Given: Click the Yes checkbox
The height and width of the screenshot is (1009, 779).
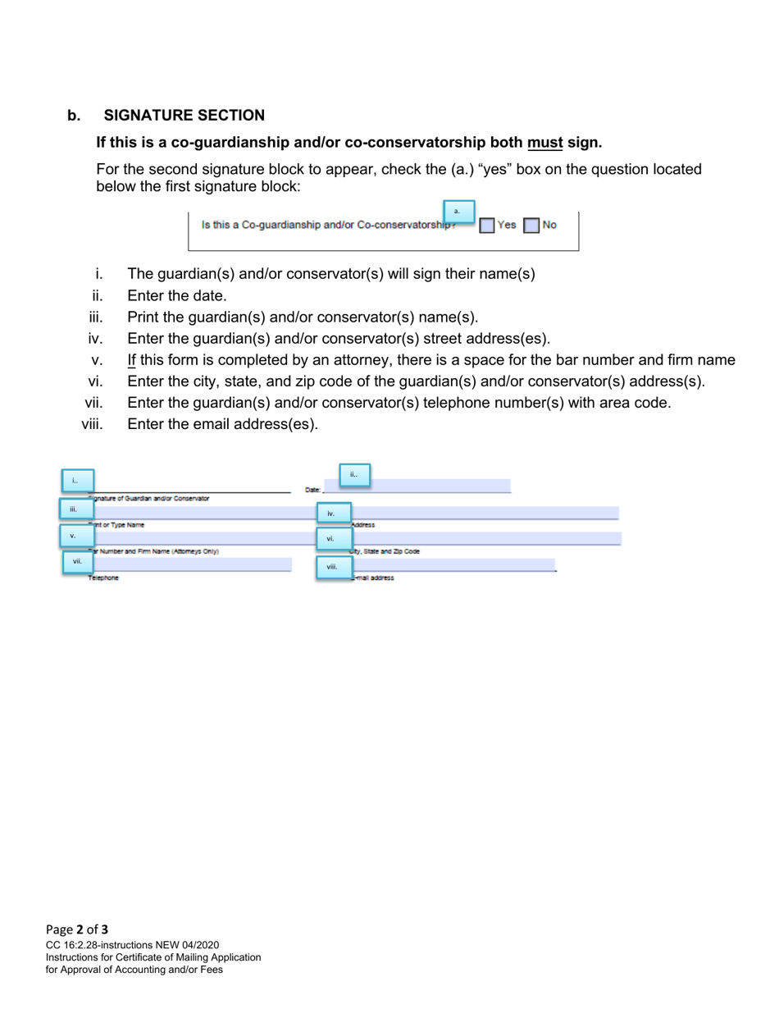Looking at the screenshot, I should (x=486, y=226).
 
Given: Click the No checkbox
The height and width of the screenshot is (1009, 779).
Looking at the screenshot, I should (x=531, y=226).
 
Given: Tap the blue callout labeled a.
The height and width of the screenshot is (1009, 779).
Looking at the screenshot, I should (x=458, y=212).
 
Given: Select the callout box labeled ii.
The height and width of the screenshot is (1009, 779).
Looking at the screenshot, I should (x=354, y=475).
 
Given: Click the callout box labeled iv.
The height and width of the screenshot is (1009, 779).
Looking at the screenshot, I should (x=333, y=514).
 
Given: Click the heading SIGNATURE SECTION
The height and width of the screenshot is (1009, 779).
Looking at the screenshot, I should (x=184, y=116).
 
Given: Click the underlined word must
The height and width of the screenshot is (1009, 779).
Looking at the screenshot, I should (x=544, y=143).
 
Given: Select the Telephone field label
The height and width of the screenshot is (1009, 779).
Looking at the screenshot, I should (x=104, y=578).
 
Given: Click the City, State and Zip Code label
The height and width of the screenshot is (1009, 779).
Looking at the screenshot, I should (x=385, y=552).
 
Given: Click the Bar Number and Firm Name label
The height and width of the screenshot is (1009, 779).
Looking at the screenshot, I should (x=155, y=552).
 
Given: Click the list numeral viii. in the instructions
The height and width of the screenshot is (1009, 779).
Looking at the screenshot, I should (x=92, y=424).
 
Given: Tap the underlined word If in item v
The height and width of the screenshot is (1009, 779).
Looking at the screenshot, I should (x=132, y=360).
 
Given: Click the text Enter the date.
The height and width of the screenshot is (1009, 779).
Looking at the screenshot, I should (x=177, y=296).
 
